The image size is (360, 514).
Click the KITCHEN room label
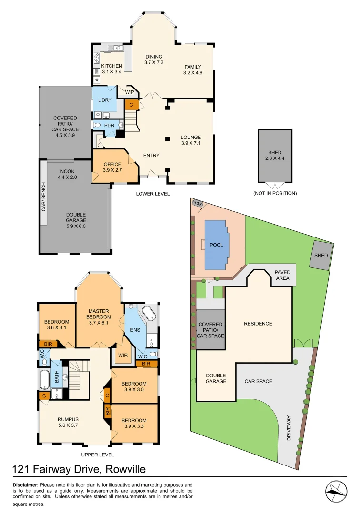coord(111,66)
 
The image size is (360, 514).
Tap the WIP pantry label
coord(130,92)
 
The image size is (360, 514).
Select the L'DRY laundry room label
coord(104,100)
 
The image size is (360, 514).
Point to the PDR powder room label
coord(109,126)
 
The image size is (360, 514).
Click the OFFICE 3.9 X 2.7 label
coord(112,167)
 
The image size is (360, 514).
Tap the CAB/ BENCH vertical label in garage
coord(43,197)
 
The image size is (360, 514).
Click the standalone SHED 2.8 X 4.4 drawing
coord(275,156)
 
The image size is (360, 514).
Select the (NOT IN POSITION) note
coord(275,194)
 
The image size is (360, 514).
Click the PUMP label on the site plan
coord(198,204)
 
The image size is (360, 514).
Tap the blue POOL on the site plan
coord(216,245)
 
